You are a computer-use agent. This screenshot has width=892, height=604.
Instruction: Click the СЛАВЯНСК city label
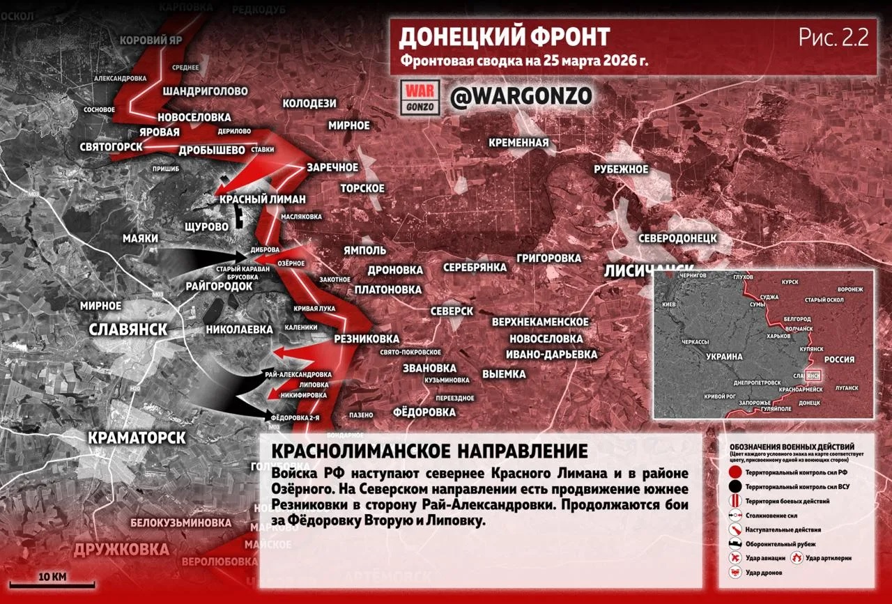(128, 330)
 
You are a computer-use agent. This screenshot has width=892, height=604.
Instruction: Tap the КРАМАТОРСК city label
(137, 437)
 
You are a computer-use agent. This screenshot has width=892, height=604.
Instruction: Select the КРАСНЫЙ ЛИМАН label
(263, 199)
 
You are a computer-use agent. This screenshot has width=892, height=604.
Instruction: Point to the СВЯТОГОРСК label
(111, 146)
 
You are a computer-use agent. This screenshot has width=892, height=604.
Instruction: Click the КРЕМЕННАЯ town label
(518, 143)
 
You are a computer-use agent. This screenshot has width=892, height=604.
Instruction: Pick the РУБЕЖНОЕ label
(621, 169)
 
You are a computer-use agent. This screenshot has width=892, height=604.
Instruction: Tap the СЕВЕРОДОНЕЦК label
(678, 238)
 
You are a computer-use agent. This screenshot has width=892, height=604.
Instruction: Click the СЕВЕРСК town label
(452, 311)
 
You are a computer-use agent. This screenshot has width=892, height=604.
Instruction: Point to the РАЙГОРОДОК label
(219, 286)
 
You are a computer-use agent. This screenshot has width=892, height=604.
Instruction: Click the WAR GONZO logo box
(420, 97)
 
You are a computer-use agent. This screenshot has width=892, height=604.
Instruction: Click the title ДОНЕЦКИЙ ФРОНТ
(505, 37)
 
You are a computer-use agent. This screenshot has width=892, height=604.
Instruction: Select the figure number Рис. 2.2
(833, 38)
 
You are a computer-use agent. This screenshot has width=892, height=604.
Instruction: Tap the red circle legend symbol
(735, 472)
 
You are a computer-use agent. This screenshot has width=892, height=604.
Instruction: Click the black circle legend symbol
(735, 487)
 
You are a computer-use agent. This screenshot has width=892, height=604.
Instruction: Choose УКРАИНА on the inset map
(725, 356)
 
